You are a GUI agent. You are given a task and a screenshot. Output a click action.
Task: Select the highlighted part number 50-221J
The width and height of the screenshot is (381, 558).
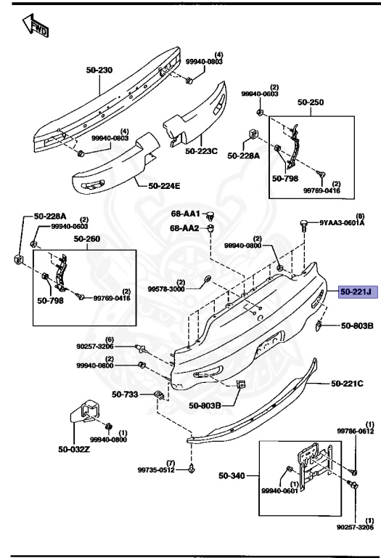[355, 292]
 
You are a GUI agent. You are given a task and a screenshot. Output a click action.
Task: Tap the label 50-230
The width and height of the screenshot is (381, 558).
[101, 70]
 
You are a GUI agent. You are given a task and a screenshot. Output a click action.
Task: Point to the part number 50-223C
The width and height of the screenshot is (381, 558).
[201, 151]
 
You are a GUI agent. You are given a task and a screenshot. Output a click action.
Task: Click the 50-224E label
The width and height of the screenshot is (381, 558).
[164, 186]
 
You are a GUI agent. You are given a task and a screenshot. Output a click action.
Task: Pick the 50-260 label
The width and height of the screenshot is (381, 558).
[101, 239]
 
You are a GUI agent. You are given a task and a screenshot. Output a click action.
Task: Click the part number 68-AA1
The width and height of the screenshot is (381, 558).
[186, 215]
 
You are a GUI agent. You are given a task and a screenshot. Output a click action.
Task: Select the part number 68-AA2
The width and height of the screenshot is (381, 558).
[186, 228]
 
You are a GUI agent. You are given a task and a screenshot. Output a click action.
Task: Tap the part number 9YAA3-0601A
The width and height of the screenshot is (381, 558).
[343, 223]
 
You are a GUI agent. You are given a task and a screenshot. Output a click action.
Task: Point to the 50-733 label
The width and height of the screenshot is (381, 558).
[124, 395]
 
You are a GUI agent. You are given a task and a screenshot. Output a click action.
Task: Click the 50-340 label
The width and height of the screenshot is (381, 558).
[232, 477]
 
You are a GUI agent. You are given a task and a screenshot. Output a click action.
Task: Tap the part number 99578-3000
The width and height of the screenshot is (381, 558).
[166, 288]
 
